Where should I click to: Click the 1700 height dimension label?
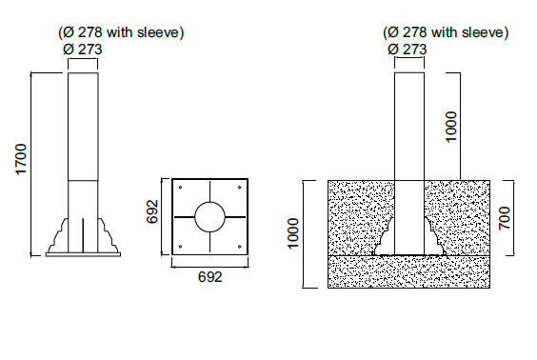coord(21,159)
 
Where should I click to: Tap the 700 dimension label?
coord(505,218)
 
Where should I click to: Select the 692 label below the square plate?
coord(209,277)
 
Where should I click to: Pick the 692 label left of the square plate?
coord(152,211)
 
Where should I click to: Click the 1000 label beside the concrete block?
coord(293,233)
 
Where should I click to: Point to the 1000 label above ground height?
coord(451,126)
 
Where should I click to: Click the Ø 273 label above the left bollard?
coord(83,50)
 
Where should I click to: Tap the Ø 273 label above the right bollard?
coord(408,50)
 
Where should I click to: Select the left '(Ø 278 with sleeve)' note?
coord(121,32)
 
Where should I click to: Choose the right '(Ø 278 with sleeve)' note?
coord(446,32)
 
